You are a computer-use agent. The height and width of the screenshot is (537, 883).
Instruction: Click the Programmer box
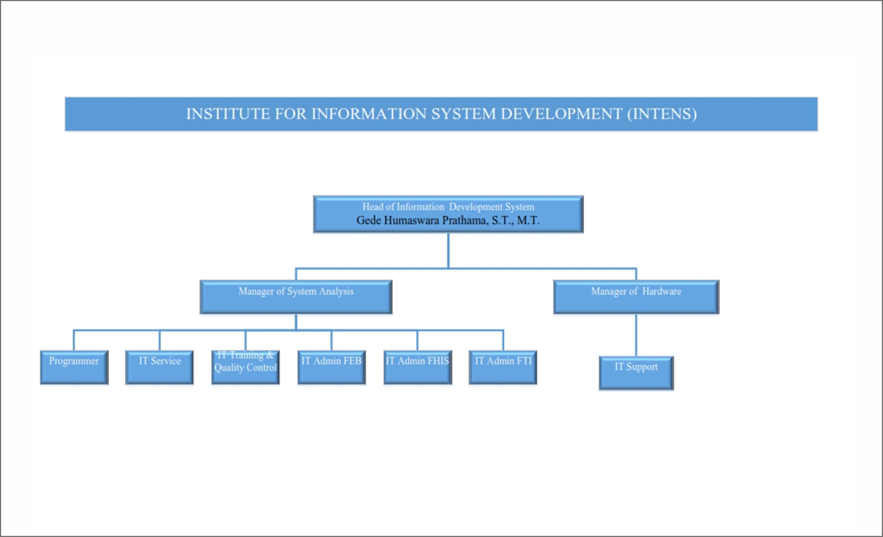tap(74, 367)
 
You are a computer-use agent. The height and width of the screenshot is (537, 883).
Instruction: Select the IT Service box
tap(159, 367)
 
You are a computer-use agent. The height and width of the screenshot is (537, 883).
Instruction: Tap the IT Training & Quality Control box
tap(246, 367)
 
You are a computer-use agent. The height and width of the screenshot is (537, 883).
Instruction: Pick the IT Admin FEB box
tap(331, 367)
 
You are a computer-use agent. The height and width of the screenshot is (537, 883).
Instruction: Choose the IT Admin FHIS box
tap(418, 367)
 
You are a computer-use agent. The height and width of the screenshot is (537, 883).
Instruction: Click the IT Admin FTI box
tap(503, 367)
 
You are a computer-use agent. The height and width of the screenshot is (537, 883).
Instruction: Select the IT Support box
tap(636, 373)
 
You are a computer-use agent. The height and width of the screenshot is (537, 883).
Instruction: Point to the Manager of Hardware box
tap(636, 297)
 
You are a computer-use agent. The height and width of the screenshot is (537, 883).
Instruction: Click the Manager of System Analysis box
tap(296, 297)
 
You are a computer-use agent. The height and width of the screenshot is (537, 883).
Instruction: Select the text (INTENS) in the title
tap(662, 114)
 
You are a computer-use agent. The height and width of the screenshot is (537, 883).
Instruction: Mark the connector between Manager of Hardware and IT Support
tap(636, 335)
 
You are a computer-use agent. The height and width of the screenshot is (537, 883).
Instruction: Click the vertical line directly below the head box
tap(448, 250)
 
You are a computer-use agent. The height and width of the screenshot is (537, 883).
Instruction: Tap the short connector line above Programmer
tap(74, 340)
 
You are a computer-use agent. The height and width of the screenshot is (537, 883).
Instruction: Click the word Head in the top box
tap(373, 207)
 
